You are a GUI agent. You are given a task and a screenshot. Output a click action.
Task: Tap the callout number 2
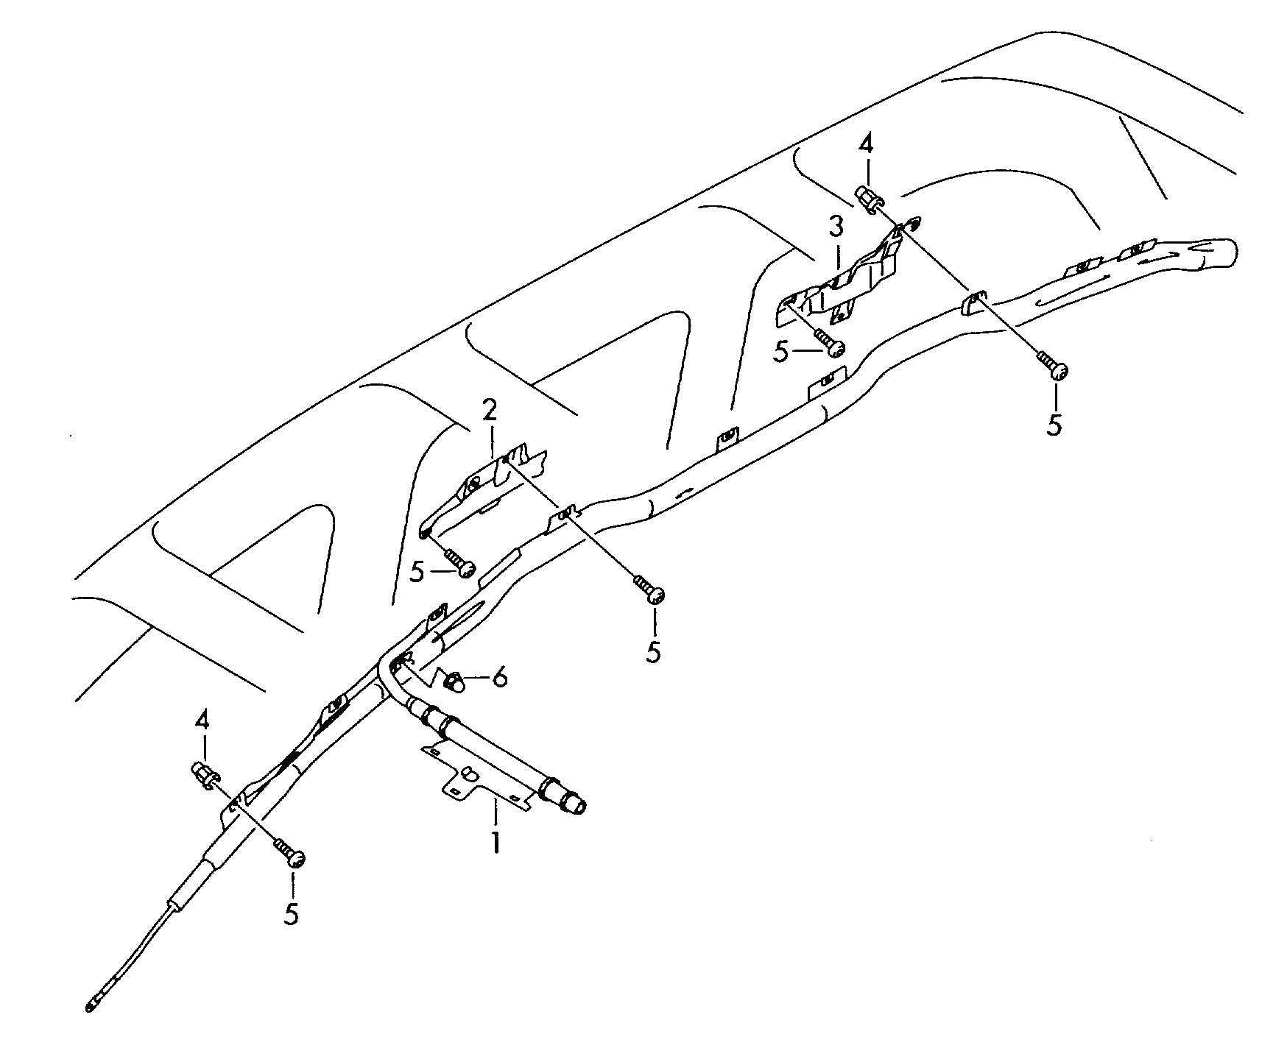tap(490, 411)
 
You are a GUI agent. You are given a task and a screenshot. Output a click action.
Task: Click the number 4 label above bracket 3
tap(867, 145)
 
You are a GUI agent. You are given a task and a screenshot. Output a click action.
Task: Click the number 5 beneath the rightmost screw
tap(1055, 425)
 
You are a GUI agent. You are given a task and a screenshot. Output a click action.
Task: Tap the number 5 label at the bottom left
tap(292, 914)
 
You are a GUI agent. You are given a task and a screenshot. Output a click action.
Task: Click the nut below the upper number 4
tap(867, 199)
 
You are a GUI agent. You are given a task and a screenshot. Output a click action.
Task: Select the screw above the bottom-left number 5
tap(289, 851)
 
